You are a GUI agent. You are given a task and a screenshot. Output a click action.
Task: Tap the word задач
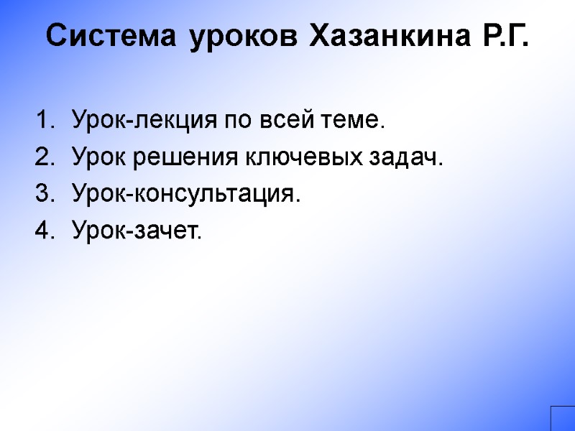pos(411,158)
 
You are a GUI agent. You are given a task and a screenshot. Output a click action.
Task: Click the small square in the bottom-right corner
pos(563,418)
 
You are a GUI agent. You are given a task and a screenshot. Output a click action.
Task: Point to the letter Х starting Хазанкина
pos(318,36)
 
